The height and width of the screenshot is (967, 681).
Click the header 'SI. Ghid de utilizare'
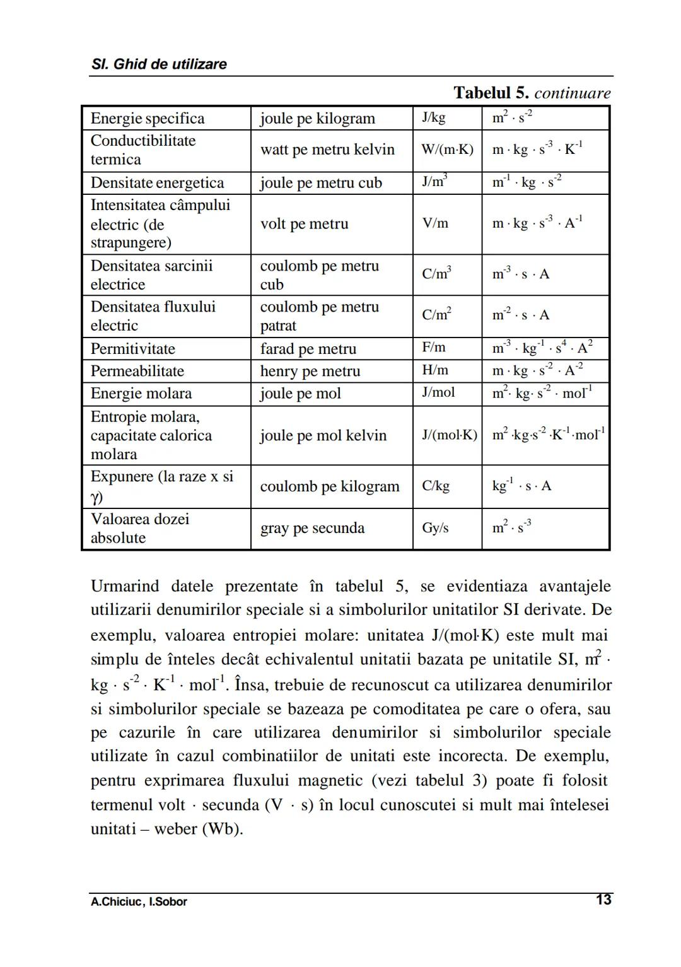159,64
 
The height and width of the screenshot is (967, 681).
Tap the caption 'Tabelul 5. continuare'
532,93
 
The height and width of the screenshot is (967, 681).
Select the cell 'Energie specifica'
148,119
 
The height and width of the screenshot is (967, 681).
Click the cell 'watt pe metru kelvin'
327,149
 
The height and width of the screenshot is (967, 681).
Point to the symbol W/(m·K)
447,149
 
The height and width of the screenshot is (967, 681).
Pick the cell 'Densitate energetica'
157,183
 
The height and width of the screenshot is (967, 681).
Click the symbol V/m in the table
435,223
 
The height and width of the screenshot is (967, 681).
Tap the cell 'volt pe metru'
304,224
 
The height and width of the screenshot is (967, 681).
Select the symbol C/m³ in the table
436,274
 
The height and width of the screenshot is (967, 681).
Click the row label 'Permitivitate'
132,349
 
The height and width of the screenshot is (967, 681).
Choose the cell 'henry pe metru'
310,371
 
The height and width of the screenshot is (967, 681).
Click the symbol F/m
434,348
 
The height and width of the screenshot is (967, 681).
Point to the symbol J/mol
438,392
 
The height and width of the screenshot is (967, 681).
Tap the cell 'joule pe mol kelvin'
323,435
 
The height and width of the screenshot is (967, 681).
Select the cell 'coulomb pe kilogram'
330,486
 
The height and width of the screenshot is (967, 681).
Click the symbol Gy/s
435,528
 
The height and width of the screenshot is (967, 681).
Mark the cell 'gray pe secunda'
312,528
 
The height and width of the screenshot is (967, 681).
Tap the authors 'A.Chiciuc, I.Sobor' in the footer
139,902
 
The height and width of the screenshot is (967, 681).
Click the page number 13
603,900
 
